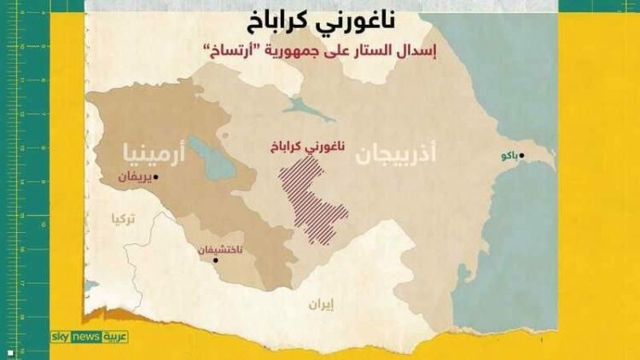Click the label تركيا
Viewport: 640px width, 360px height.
pos(123,218)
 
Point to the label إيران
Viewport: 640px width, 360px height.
pos(320,303)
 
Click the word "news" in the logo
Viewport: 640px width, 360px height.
pos(87,337)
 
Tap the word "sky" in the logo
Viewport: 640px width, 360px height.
pos(61,337)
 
